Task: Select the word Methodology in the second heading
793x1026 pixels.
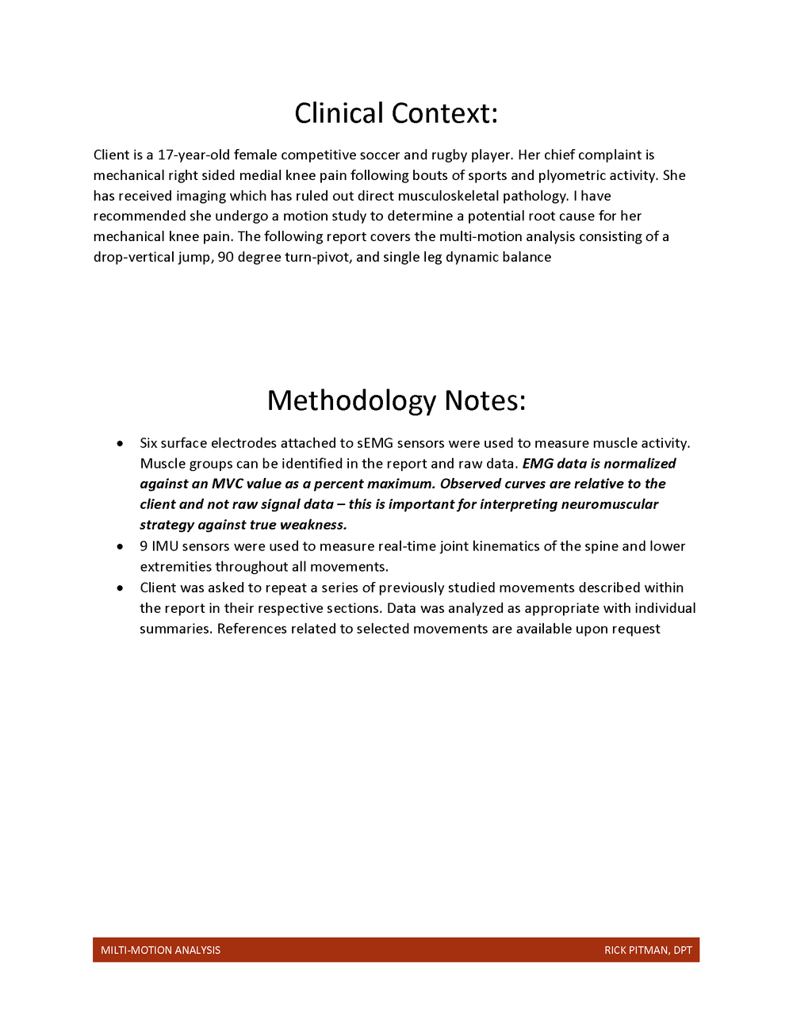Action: tap(351, 400)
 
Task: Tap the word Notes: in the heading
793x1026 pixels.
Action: tap(485, 400)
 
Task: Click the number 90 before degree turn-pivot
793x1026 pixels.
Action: tap(225, 257)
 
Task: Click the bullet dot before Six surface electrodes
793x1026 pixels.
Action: tap(120, 443)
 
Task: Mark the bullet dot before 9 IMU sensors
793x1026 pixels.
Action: tap(120, 546)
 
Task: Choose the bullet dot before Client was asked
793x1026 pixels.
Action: tap(120, 588)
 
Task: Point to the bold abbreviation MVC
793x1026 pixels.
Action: tap(227, 484)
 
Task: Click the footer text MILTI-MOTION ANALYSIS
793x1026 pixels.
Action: tap(160, 950)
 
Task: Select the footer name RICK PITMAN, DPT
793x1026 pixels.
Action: tap(648, 950)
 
